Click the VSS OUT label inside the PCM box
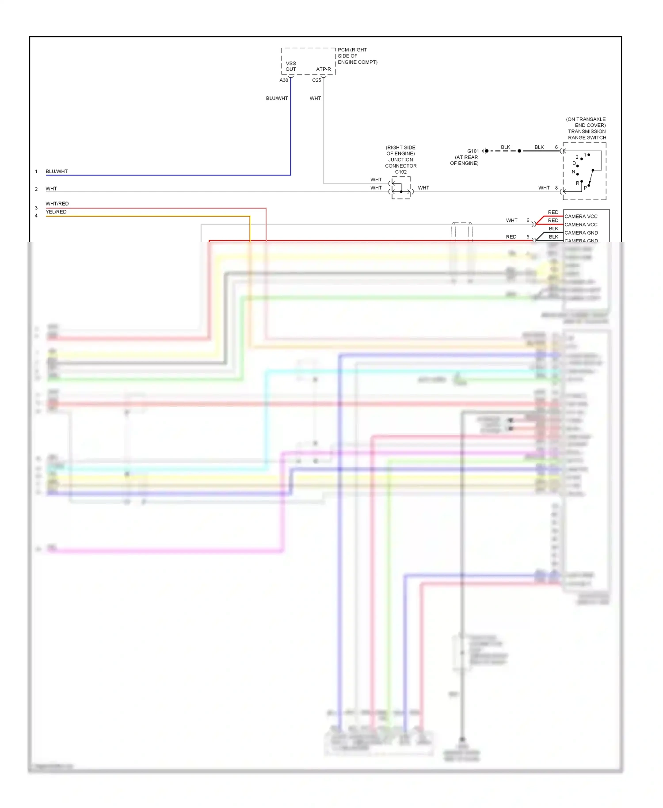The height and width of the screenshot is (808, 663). (291, 66)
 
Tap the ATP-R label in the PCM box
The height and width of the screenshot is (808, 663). (323, 69)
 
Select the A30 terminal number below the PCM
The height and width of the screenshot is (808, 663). (284, 80)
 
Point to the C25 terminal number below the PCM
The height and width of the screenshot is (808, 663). (316, 80)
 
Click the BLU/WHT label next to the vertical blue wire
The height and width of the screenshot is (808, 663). (277, 99)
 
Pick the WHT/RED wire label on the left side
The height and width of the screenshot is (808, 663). (57, 204)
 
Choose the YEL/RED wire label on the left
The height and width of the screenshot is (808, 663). (56, 212)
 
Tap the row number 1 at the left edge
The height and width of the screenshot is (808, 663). (36, 172)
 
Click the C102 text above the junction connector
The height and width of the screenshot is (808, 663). (400, 172)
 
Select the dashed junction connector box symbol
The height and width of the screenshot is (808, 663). (401, 188)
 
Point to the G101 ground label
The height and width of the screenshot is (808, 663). (473, 151)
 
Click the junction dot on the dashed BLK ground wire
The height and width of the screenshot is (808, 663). (519, 151)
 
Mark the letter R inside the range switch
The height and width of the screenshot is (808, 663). (577, 183)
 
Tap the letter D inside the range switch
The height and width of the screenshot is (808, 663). (574, 164)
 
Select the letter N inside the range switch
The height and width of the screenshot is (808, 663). (573, 172)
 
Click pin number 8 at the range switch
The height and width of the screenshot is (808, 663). (556, 188)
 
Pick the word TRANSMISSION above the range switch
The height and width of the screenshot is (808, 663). (587, 132)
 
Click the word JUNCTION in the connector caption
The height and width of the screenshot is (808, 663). (400, 160)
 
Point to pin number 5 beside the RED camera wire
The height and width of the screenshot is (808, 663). (528, 237)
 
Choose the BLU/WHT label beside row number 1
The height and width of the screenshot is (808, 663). (57, 172)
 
